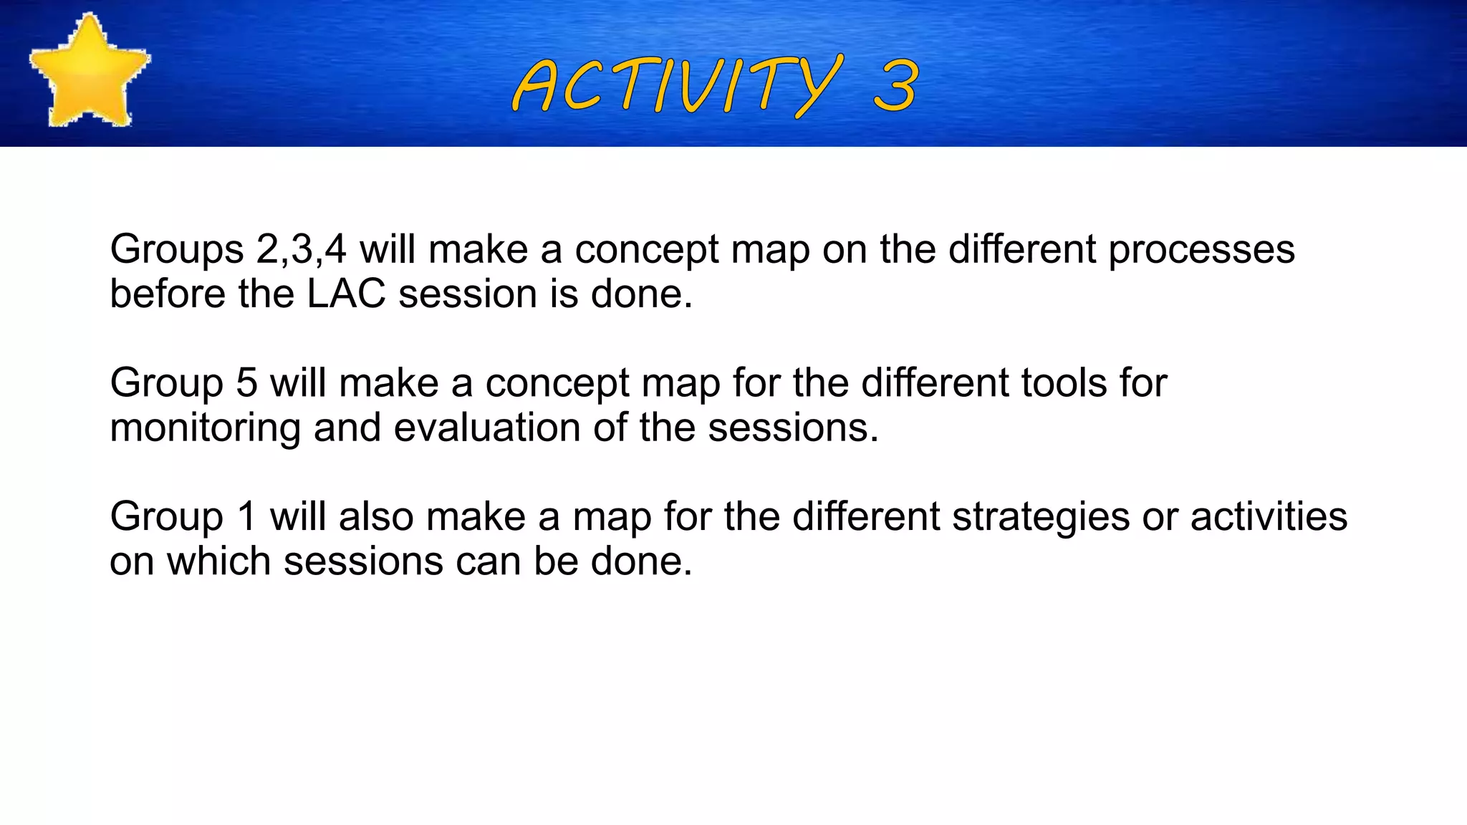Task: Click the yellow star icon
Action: point(89,72)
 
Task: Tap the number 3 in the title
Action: point(895,86)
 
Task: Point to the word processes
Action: point(1201,250)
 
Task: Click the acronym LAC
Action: point(347,294)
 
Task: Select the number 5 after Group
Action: point(246,383)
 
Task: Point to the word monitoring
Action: point(205,428)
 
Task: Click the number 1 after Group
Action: point(246,517)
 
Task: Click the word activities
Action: point(1269,517)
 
